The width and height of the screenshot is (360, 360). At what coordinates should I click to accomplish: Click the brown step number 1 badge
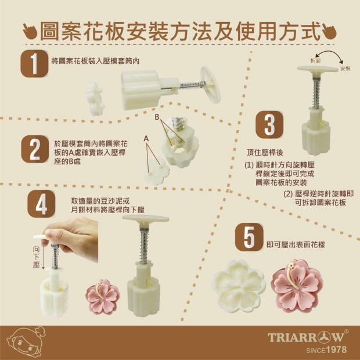34,63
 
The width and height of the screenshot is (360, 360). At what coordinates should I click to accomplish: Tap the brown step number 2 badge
35,149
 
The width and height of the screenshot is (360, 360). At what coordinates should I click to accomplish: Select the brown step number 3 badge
269,125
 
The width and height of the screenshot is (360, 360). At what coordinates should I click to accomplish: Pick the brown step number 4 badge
41,204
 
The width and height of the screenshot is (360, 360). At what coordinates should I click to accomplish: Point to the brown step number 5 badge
249,237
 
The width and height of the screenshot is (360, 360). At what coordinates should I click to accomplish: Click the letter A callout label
146,139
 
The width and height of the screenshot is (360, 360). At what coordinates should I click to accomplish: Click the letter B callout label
157,117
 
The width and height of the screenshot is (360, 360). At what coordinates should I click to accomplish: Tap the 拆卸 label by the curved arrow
315,60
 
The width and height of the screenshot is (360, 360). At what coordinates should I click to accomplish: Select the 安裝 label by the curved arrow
345,69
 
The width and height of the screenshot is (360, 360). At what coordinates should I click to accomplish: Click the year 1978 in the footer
336,350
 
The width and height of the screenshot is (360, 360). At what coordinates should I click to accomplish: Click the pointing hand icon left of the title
30,32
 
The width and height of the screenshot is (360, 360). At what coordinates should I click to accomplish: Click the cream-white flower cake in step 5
239,286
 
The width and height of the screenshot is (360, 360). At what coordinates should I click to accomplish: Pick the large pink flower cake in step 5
297,286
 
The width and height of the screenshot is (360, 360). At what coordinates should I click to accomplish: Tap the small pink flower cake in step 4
103,297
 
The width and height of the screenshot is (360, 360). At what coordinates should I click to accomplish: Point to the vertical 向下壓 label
36,257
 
